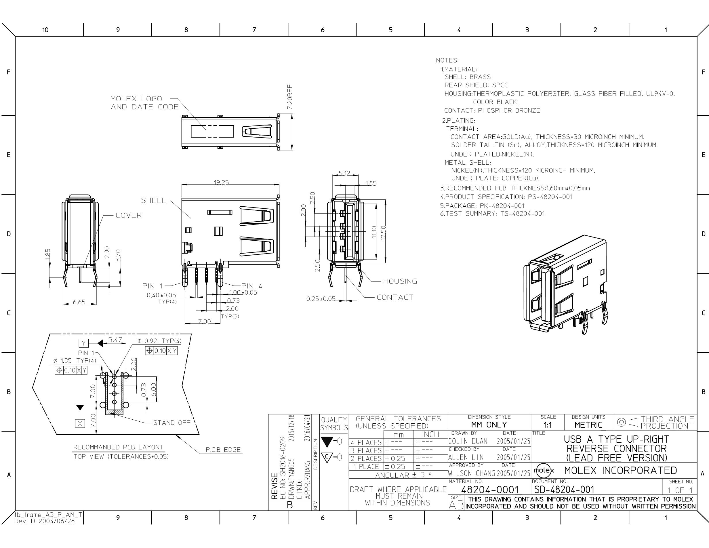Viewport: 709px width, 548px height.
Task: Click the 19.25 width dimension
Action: (x=221, y=182)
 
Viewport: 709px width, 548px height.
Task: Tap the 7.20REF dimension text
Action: (x=290, y=97)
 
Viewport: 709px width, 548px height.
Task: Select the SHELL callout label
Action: (x=154, y=201)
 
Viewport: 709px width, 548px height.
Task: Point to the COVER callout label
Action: (x=129, y=215)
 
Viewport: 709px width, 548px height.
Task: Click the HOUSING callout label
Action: (x=400, y=281)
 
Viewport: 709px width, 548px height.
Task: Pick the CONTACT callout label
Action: (x=395, y=297)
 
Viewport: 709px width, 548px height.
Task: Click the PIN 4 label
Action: (x=251, y=286)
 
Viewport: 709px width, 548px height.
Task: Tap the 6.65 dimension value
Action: (x=79, y=302)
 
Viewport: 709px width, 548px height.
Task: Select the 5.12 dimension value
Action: (x=344, y=173)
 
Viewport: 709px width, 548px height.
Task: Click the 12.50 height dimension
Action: (x=383, y=233)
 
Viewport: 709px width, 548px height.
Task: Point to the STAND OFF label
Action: (x=172, y=423)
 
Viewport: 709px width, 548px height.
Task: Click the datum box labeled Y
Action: (x=84, y=343)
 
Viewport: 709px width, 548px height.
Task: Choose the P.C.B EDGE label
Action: (x=223, y=450)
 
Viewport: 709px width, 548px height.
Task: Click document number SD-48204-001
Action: (x=564, y=490)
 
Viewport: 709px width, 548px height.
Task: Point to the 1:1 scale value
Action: (x=548, y=425)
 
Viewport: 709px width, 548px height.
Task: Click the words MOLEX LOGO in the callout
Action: (x=136, y=99)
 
